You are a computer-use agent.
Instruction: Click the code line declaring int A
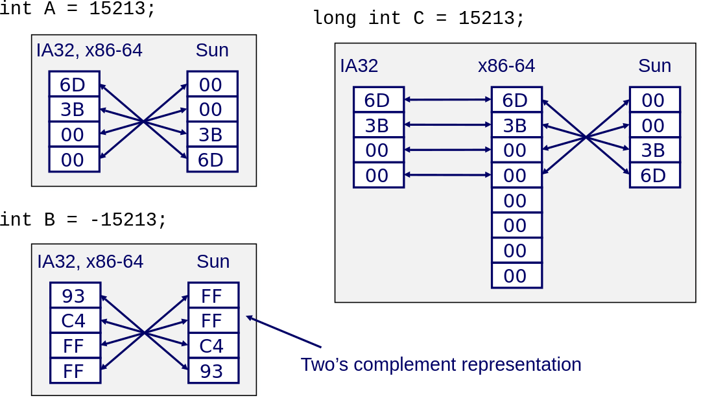click(78, 10)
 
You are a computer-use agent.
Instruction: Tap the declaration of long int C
click(418, 18)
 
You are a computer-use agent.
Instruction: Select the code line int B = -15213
click(83, 220)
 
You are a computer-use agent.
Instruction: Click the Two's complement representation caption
click(441, 364)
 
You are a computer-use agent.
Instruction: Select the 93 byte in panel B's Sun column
click(213, 371)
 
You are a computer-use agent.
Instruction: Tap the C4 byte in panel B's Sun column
click(213, 346)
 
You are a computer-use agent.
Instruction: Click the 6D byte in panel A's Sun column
click(212, 159)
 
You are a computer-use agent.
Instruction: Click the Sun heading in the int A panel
click(212, 51)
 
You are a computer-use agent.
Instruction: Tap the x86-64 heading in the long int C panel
click(506, 66)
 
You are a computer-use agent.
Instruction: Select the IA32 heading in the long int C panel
click(359, 66)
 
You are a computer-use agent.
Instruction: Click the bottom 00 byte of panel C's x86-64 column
click(516, 276)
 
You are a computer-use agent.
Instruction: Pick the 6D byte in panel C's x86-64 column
click(516, 100)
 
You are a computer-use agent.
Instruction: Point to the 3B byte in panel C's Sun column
click(654, 150)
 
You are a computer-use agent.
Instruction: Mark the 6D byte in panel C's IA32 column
click(379, 100)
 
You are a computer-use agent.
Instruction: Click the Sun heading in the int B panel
click(213, 262)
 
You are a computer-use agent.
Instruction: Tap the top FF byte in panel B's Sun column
click(213, 296)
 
